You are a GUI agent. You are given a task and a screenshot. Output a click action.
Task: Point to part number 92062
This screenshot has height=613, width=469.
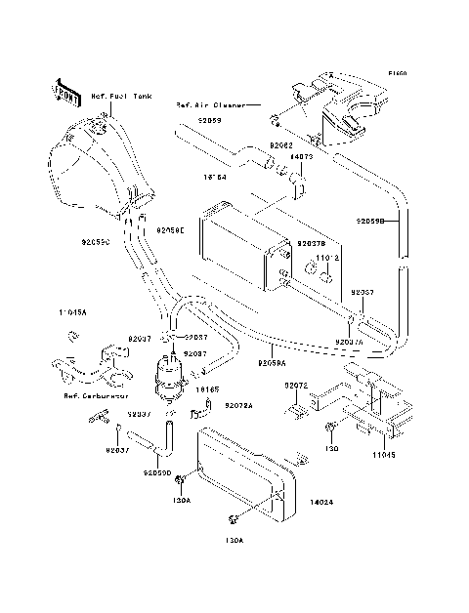click(281, 144)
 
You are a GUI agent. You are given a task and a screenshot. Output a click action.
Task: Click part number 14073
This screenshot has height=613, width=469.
click(300, 155)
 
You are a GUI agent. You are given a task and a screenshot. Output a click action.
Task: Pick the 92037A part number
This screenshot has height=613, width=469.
click(349, 343)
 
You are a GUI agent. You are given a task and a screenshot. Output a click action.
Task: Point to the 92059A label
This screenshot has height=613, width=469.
click(273, 362)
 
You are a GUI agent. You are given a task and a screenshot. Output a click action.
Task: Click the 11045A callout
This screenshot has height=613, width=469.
click(71, 312)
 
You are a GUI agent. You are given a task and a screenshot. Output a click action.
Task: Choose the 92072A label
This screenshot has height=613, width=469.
click(238, 405)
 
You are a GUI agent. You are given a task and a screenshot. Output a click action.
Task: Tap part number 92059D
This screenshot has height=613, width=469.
click(157, 473)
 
